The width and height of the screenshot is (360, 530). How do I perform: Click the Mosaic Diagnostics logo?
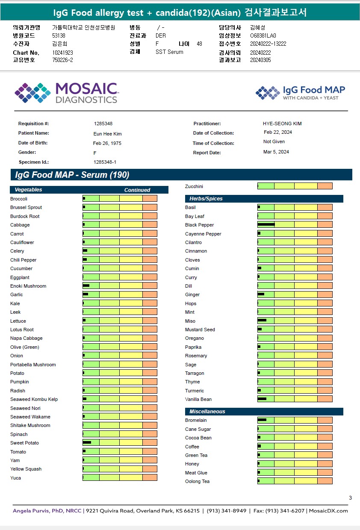coord(66,93)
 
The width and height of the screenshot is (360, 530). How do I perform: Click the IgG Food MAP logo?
coord(300,92)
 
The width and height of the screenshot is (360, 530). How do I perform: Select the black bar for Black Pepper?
coord(266,224)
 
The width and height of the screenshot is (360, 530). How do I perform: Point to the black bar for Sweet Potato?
coord(87,442)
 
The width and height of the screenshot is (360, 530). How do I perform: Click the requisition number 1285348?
coord(103,124)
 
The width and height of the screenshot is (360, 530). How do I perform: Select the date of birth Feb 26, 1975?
coord(107,143)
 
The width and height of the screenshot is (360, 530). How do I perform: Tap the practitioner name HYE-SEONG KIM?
coord(282,124)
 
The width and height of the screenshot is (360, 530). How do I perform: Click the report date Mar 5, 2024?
coord(276,152)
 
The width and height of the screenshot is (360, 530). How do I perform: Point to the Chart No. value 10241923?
coord(62,53)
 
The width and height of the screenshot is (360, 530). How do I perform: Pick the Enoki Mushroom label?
coord(28,286)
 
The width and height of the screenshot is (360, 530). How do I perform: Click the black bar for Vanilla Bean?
coord(262,399)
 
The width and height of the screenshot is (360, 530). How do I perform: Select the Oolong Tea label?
coord(197,481)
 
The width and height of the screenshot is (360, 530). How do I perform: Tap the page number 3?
coord(350,498)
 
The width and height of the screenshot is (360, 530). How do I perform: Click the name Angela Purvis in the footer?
coord(33,511)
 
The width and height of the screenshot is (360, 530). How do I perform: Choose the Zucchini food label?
coord(194,186)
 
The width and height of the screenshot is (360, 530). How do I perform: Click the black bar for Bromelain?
coord(262,420)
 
